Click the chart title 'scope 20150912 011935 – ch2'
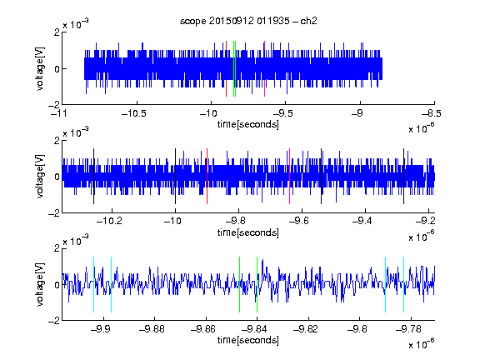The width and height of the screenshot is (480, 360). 248,21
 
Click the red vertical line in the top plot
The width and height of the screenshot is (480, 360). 226,68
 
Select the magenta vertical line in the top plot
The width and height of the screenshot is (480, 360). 264,68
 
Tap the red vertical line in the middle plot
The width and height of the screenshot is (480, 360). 207,176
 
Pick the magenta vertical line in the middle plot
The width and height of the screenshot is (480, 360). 290,176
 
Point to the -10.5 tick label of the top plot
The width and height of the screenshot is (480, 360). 134,113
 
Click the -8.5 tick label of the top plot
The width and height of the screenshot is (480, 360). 431,113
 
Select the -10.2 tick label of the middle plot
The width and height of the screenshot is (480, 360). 109,221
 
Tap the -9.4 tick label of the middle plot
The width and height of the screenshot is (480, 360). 362,221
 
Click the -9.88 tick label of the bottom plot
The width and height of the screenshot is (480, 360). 152,329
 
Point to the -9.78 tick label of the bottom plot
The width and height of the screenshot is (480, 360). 408,329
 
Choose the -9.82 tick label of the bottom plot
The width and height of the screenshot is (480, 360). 306,329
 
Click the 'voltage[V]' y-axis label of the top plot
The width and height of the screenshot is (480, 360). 40,68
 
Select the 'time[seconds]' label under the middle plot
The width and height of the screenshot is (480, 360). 248,232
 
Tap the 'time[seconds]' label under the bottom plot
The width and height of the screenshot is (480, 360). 248,340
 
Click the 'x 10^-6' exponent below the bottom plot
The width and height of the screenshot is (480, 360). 422,343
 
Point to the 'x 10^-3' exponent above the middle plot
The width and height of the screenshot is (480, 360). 76,132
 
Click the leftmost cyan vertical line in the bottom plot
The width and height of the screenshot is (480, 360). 93,284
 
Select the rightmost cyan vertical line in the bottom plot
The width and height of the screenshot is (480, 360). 404,284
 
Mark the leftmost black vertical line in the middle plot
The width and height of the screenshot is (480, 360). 93,176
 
